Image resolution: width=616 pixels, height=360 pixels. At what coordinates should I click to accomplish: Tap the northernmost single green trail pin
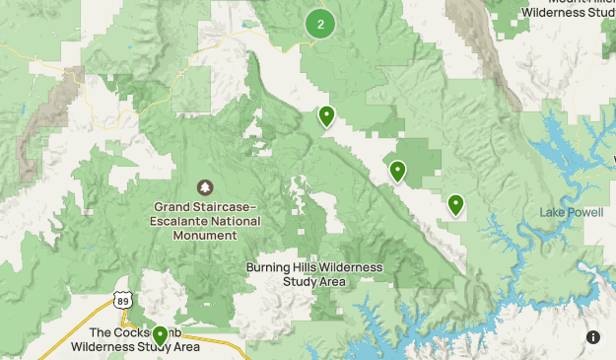click(326, 116)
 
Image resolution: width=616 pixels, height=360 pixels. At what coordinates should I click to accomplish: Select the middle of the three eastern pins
click(397, 172)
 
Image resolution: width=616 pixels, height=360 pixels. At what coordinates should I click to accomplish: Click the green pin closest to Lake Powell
click(455, 204)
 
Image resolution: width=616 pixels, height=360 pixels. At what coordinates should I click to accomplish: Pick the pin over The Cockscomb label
click(160, 336)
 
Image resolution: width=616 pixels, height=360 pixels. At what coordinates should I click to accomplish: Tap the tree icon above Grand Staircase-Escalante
click(205, 187)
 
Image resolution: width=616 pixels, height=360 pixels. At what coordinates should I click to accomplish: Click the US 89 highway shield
click(121, 300)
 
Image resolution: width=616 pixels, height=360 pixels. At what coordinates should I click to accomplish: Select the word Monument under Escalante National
click(207, 236)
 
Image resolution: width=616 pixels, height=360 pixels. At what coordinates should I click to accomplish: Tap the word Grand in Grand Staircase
click(171, 207)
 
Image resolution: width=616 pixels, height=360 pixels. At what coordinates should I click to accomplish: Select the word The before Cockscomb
click(100, 333)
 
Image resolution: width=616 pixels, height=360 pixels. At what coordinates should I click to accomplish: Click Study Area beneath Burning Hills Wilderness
click(314, 281)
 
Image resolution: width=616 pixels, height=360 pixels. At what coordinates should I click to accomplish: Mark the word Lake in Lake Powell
click(549, 213)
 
